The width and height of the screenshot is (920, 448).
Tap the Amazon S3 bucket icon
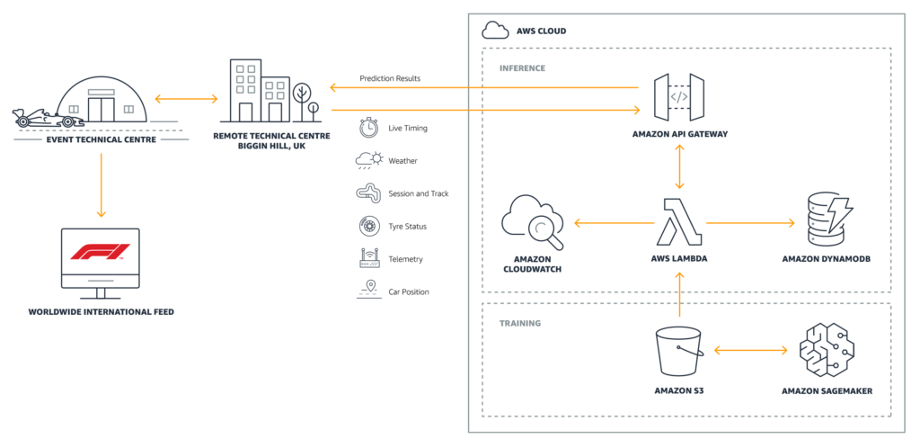pyautogui.click(x=679, y=352)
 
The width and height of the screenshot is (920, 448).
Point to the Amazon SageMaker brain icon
pyautogui.click(x=826, y=351)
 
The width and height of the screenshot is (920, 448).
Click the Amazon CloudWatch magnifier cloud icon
pyautogui.click(x=535, y=221)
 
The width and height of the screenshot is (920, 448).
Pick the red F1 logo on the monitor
pyautogui.click(x=100, y=252)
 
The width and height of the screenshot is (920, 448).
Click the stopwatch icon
pyautogui.click(x=368, y=127)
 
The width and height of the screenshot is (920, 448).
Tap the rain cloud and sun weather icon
pyautogui.click(x=369, y=161)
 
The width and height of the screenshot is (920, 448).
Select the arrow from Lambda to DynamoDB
pyautogui.click(x=750, y=221)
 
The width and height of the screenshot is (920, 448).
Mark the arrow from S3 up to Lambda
pyautogui.click(x=679, y=292)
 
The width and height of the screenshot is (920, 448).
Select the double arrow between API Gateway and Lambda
pyautogui.click(x=679, y=165)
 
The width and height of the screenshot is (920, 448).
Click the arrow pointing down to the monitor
pyautogui.click(x=101, y=184)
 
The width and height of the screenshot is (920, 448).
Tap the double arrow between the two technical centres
pyautogui.click(x=186, y=98)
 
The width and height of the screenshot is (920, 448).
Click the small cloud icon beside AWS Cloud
pyautogui.click(x=495, y=31)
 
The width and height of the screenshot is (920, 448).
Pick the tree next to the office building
pyautogui.click(x=303, y=96)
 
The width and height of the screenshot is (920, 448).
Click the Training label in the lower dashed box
pyautogui.click(x=520, y=321)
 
